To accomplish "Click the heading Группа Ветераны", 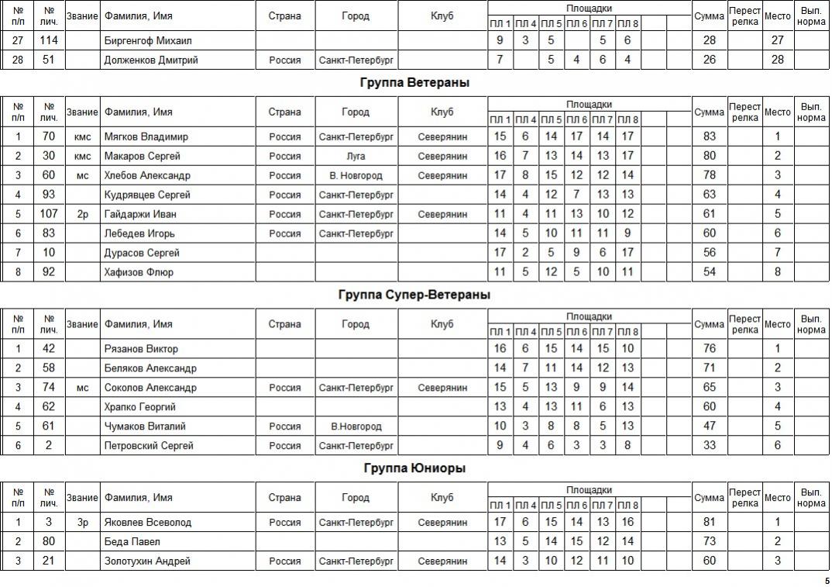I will [x=414, y=82].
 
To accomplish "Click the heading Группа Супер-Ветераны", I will [x=414, y=295].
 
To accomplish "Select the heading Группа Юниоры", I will [x=414, y=468].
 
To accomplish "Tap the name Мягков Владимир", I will [x=146, y=136].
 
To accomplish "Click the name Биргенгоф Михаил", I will [x=147, y=40].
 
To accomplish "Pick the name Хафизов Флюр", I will [x=139, y=272].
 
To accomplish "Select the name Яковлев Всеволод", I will [x=147, y=523].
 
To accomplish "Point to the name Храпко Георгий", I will [x=140, y=407].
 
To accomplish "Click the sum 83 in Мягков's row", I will [x=709, y=136].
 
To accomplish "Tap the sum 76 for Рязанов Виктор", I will [x=709, y=349].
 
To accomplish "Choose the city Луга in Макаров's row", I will [x=356, y=156].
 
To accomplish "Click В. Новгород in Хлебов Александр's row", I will [x=356, y=175].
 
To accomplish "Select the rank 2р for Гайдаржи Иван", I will [x=82, y=214].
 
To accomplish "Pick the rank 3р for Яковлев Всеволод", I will [x=82, y=523].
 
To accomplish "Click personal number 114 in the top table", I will [x=49, y=40].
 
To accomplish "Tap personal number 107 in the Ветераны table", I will [x=49, y=214].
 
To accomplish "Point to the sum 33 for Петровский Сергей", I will [x=709, y=446].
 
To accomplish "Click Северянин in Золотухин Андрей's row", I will [x=442, y=561].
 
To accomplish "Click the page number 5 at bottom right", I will [x=826, y=581].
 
